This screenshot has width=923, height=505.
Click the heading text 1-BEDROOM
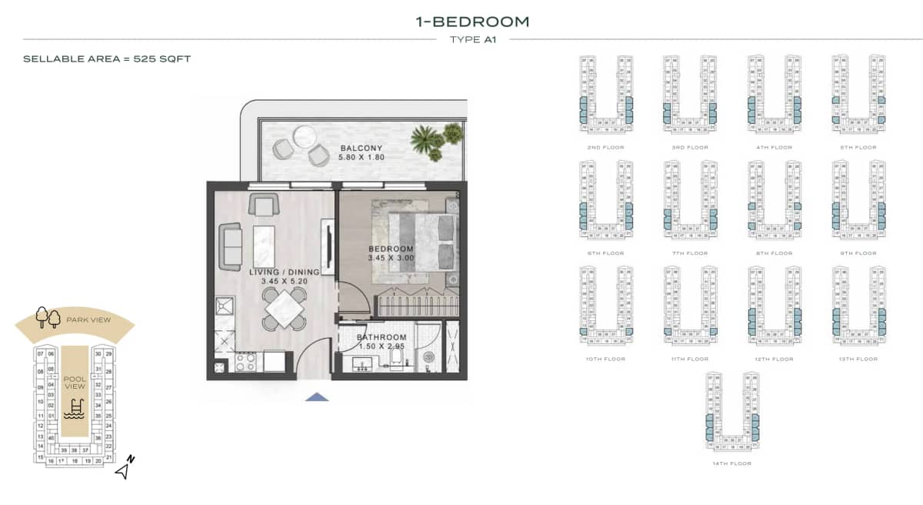coord(472,22)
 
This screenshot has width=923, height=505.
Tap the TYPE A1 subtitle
coord(472,39)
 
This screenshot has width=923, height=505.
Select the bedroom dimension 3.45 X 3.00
coord(391,258)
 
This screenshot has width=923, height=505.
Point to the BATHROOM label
coord(382,337)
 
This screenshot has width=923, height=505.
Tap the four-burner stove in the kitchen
coord(245,363)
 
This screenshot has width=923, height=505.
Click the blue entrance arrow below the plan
coord(317,397)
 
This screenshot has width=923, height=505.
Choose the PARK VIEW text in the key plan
coord(88,319)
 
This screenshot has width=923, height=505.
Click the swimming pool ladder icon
coord(75,408)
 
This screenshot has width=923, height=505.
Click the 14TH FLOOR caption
coord(732,463)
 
